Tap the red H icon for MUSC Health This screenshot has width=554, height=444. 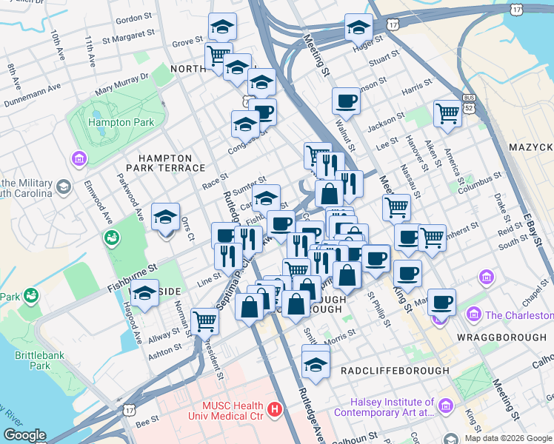point(276,408)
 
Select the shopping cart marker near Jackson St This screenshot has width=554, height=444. point(447,114)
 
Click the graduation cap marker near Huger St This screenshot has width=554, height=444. point(358,27)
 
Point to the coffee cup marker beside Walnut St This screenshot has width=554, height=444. point(345,100)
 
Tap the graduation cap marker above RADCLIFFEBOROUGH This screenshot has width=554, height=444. point(316,363)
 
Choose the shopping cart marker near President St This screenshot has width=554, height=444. point(204,321)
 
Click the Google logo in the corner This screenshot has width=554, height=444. point(24,436)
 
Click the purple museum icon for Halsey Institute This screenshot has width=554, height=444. point(445,406)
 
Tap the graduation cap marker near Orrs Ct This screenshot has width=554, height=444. point(165,217)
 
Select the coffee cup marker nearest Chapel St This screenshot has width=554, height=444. point(441,301)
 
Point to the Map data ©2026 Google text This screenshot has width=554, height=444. point(507,438)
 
